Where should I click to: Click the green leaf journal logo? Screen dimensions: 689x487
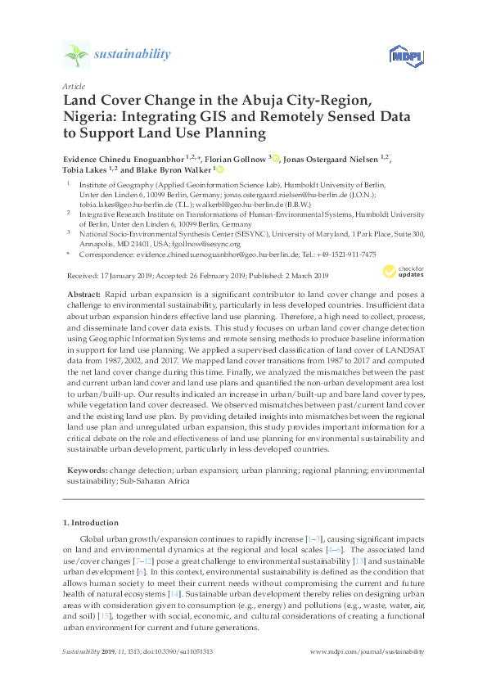76,55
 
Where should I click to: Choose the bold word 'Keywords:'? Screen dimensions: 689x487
86,471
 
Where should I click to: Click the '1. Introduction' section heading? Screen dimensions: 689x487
90,521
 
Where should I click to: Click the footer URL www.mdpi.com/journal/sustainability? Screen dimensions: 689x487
368,651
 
